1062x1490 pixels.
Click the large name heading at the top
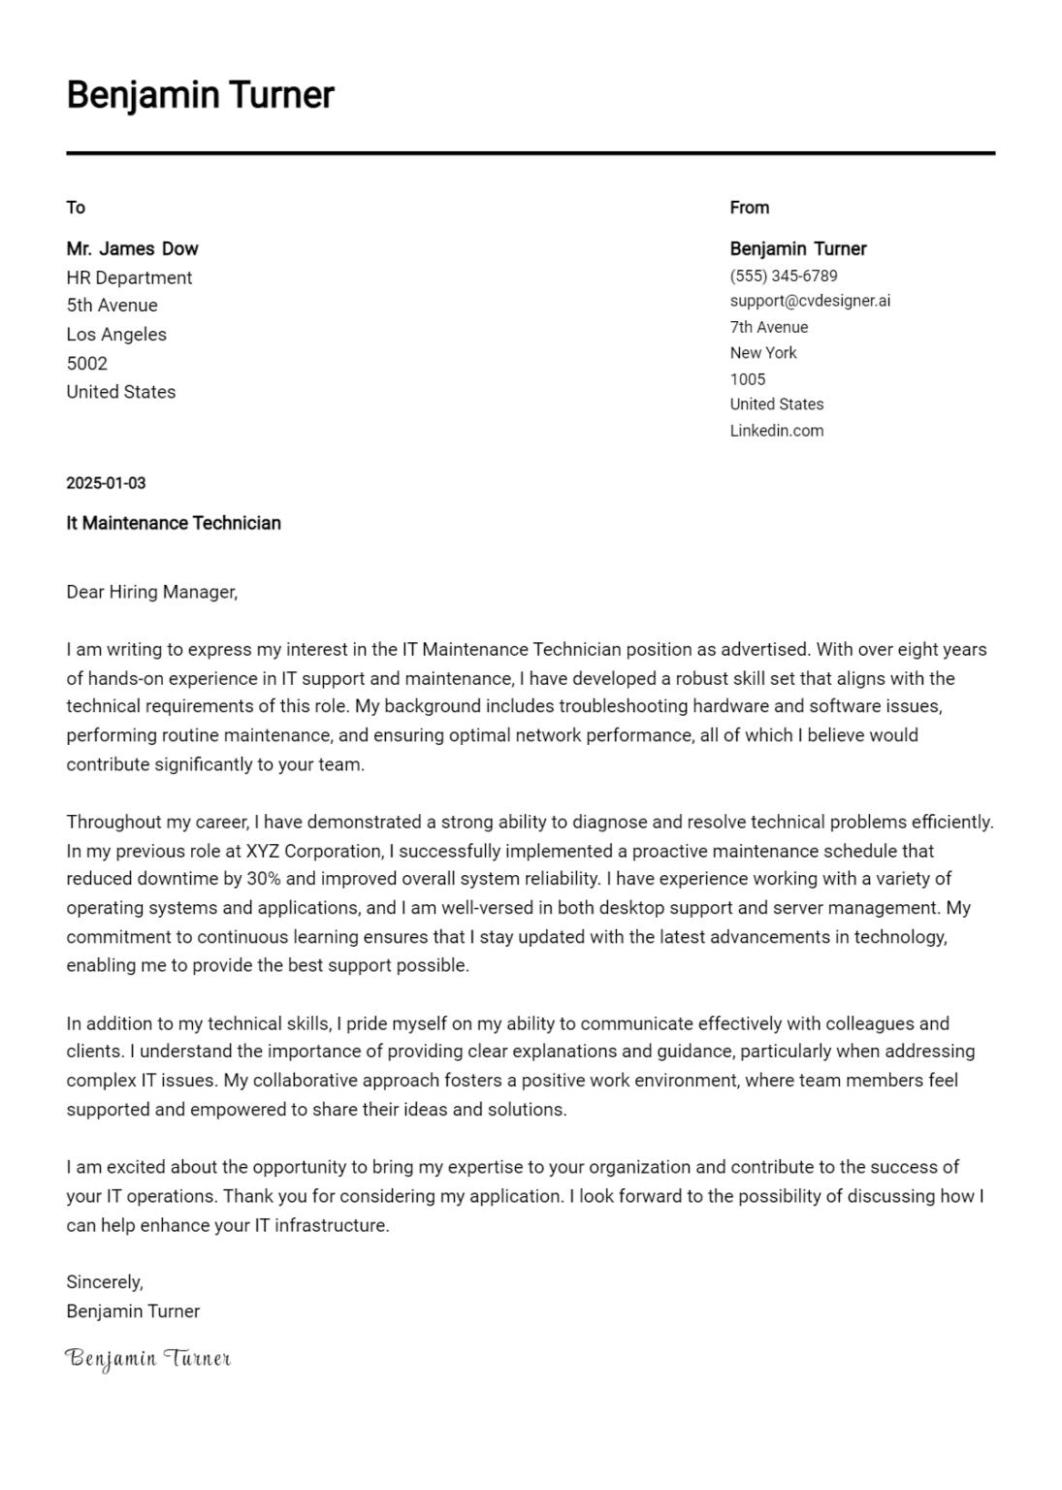coord(200,95)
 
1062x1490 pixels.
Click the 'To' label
coord(76,208)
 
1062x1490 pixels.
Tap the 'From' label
coord(749,208)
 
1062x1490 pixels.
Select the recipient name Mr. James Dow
coord(132,248)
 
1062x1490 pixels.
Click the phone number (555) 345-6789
coord(783,275)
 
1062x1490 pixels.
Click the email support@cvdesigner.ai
coord(809,301)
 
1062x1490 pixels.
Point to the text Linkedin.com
coord(776,431)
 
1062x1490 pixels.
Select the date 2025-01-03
coord(106,483)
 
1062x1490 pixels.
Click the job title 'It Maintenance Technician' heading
coord(174,523)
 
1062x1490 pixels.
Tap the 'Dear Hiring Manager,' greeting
coord(151,592)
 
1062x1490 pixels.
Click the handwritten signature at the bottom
coord(147,1358)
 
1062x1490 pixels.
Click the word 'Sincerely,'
coord(105,1282)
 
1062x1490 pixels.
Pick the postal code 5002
coord(86,364)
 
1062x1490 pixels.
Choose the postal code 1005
coord(747,379)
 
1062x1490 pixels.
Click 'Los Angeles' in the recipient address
coord(116,335)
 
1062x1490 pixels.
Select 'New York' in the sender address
coord(762,353)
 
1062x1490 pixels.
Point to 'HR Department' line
coord(129,277)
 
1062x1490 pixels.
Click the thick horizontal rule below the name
coord(531,153)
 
